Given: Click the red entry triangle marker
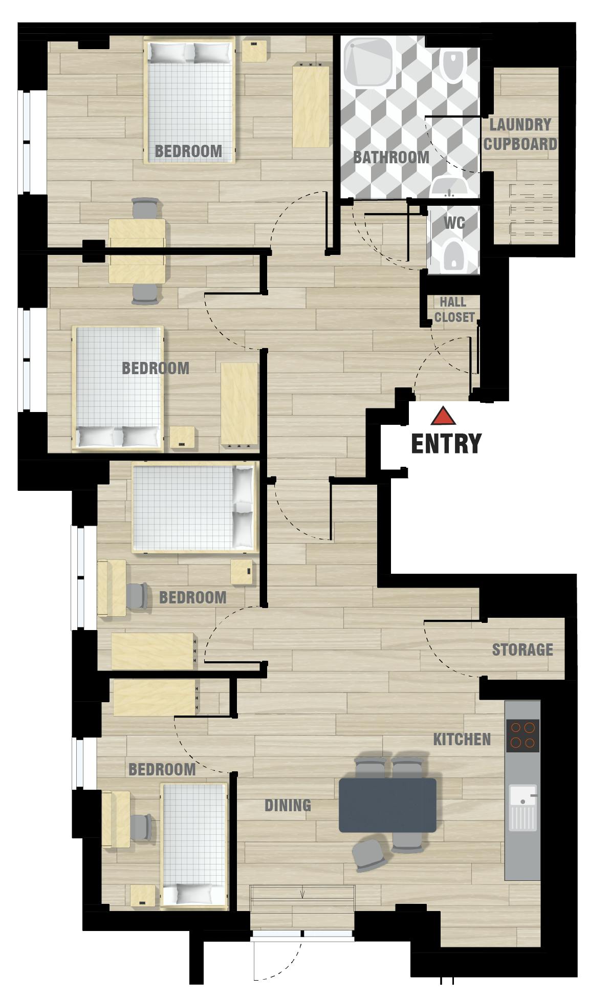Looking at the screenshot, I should click(x=443, y=417).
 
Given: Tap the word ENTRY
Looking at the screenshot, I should click(x=446, y=443).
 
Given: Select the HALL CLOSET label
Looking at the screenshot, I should click(x=454, y=310).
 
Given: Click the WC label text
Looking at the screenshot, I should click(x=454, y=223).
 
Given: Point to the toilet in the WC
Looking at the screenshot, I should click(x=453, y=254).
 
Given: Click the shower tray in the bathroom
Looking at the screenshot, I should click(x=369, y=62).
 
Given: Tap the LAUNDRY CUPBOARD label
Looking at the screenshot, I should click(x=520, y=134).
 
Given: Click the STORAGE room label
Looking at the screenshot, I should click(x=522, y=649).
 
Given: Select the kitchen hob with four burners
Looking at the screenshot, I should click(x=522, y=735).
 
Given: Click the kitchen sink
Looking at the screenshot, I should click(x=522, y=807).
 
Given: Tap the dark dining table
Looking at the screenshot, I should click(x=387, y=805).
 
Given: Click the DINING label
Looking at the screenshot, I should click(x=288, y=805).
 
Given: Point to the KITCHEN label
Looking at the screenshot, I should click(x=462, y=739).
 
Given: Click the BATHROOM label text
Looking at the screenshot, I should click(x=391, y=157).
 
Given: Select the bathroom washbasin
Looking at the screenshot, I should click(x=449, y=186).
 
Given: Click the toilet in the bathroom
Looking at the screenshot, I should click(x=453, y=66).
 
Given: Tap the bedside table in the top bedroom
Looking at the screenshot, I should click(x=254, y=50).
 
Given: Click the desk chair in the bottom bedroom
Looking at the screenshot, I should click(x=141, y=828).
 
